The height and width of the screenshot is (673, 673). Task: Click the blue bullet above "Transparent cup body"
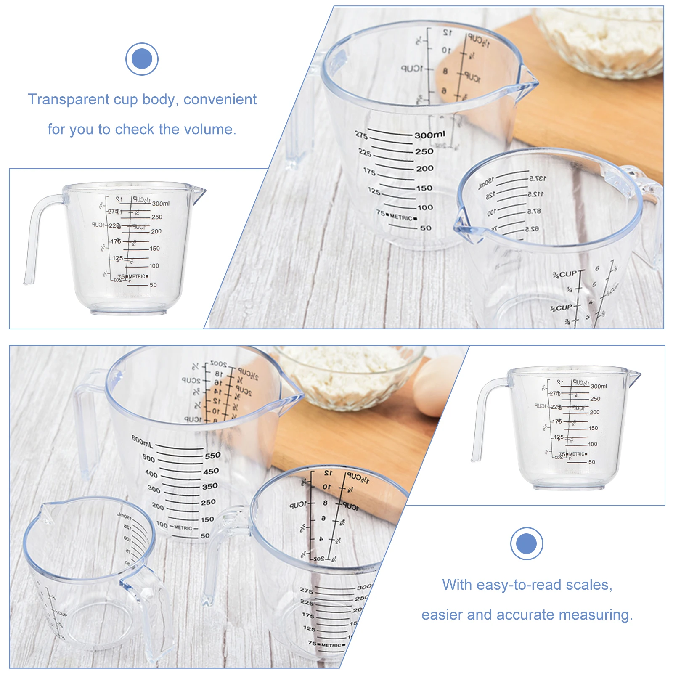pos(142,59)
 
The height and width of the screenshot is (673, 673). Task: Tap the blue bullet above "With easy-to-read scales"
pos(526,543)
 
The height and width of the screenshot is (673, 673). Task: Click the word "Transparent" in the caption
pos(69,99)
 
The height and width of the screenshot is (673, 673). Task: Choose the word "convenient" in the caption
pos(220,99)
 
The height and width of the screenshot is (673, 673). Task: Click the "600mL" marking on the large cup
pos(142,441)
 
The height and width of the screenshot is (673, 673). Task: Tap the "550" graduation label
pos(212,456)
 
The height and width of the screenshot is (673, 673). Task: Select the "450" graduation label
pos(211,472)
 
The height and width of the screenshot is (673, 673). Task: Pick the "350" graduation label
pos(209,486)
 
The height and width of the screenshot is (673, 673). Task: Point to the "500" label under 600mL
pos(148,458)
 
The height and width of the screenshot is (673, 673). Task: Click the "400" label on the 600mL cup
pos(151,474)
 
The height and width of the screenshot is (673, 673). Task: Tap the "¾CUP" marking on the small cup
pos(565,274)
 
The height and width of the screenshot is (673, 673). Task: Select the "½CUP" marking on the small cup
pos(562,308)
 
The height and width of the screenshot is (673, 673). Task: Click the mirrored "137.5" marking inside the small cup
pos(538,178)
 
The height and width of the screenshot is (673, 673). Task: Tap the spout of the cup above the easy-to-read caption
pos(634,376)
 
